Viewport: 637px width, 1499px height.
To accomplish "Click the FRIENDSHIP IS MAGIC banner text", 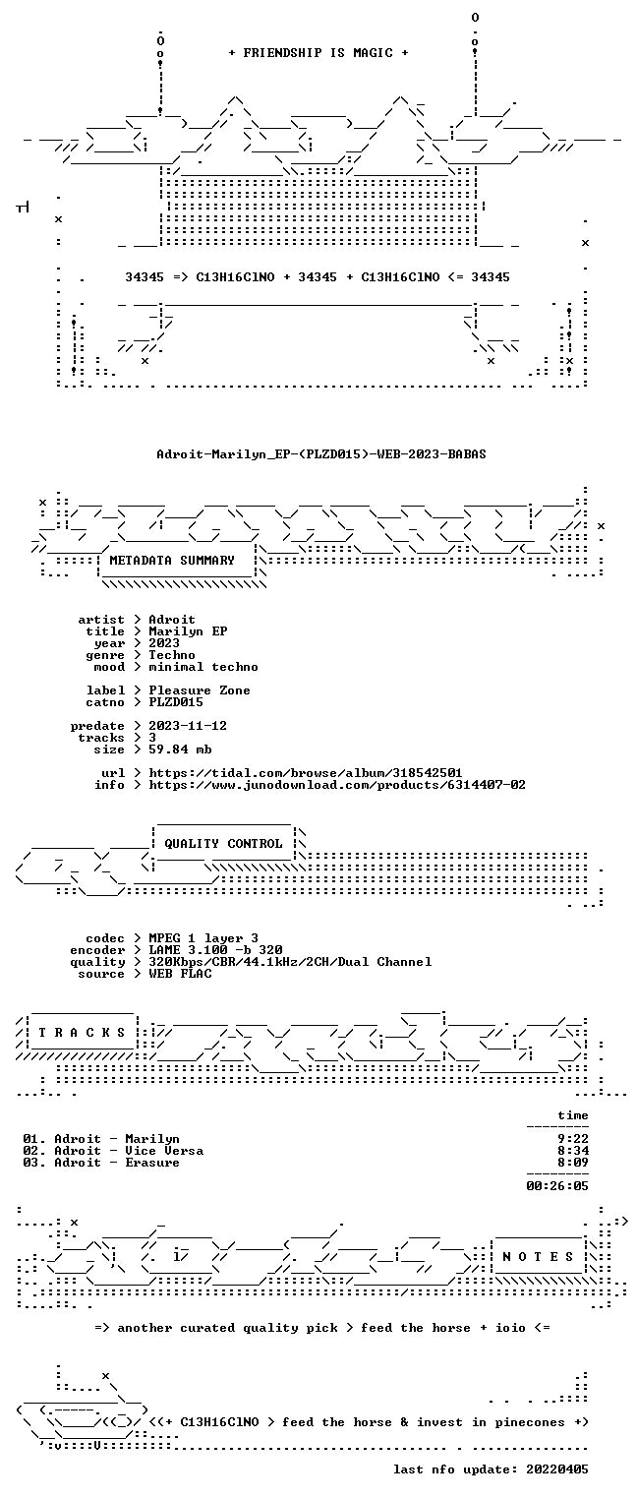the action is [x=318, y=53].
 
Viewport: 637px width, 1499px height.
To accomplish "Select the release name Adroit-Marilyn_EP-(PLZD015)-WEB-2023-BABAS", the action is [x=321, y=454].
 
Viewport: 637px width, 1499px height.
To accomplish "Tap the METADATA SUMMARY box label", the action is [x=172, y=561].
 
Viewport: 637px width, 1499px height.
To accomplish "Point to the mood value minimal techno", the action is [x=203, y=667].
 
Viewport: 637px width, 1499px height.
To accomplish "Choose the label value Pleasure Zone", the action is [x=200, y=690].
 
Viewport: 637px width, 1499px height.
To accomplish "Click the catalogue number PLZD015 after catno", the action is [x=176, y=702].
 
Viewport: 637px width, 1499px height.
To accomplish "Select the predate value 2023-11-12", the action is [x=188, y=726].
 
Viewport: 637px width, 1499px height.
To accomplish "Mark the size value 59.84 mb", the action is [x=180, y=749].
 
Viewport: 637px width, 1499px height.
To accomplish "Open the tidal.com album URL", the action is [x=305, y=773].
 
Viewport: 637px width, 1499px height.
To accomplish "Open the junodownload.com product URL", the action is [x=337, y=785].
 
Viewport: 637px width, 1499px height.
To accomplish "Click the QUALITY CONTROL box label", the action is [x=223, y=844].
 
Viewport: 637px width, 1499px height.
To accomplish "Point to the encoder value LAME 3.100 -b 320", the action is [x=215, y=950].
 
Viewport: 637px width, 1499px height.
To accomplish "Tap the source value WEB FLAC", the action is [x=180, y=974].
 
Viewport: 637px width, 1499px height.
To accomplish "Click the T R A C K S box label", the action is [x=82, y=1033].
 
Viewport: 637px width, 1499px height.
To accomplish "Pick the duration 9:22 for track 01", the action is [x=573, y=1139].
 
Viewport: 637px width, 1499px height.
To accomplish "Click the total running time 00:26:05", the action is [x=557, y=1186].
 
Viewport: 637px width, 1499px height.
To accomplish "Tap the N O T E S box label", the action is [x=538, y=1257].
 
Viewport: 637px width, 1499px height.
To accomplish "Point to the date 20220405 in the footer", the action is [x=557, y=1469].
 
